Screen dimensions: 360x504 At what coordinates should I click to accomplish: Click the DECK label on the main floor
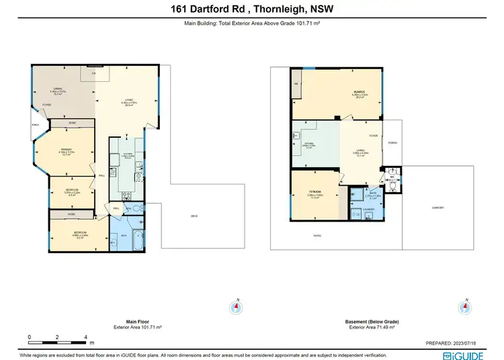point(194,216)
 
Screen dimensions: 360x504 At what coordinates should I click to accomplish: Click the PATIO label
point(317,235)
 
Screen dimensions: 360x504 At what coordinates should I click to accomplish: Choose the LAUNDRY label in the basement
point(368,210)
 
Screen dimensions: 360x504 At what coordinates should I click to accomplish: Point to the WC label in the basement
point(390,178)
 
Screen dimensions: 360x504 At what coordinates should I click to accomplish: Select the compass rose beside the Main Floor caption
point(236,307)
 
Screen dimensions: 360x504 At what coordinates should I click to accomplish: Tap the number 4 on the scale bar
point(86,337)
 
